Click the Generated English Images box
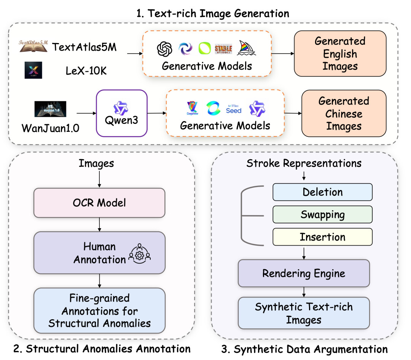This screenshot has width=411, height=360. pos(340,54)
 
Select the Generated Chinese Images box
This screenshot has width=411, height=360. pos(344,114)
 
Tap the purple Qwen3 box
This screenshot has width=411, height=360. pos(122,113)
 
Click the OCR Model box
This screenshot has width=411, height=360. pos(99,203)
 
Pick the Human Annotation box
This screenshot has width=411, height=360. pos(99,253)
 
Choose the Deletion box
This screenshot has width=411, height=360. pos(322,192)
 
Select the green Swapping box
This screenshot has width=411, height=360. pos(322,214)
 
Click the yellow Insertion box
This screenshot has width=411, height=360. pos(322,237)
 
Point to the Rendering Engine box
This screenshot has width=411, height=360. pos(303,273)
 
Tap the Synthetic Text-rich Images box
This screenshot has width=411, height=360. pos(303,313)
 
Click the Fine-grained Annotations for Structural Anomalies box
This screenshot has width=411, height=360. pos(99,310)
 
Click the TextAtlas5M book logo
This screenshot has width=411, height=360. pos(33,46)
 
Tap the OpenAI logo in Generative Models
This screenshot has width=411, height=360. pos(165,49)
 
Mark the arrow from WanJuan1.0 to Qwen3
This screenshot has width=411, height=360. pos(86,113)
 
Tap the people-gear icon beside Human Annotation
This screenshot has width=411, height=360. pos(140,253)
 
